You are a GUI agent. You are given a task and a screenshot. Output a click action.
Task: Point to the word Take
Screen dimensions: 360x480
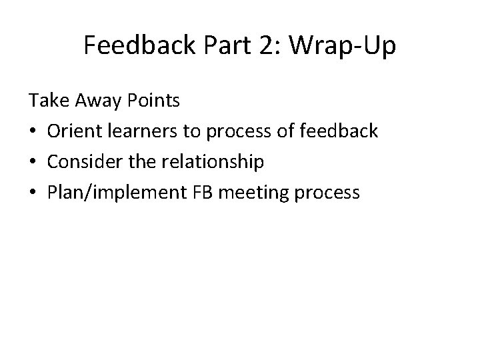pyautogui.click(x=44, y=101)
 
